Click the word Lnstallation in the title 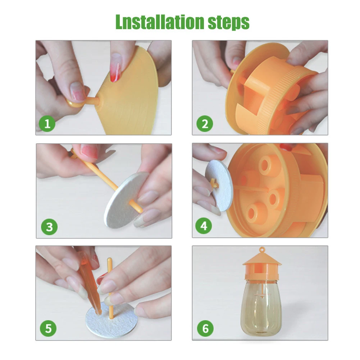coord(160,22)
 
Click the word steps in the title coord(228,23)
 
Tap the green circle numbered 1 coord(47,124)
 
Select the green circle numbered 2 coord(205,123)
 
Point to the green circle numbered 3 coord(49,227)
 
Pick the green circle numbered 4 coord(204,226)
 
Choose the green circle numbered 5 coord(48,328)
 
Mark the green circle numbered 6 coord(205,328)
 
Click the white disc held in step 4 coord(219,186)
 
